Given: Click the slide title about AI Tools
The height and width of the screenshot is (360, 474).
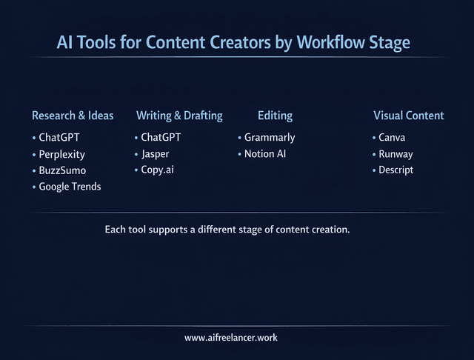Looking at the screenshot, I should [233, 43].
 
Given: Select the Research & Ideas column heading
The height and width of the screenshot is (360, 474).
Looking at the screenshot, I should [73, 116].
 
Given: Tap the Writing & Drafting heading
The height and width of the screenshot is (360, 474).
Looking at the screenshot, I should [179, 116].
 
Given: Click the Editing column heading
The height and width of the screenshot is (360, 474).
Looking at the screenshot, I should [275, 116].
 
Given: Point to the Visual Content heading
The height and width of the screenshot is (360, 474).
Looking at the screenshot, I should [408, 116].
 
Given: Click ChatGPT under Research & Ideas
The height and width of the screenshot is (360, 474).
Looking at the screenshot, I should [59, 138].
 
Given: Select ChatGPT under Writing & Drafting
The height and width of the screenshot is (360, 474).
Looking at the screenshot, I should [161, 138].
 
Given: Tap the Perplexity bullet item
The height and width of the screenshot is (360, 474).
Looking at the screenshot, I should [62, 154].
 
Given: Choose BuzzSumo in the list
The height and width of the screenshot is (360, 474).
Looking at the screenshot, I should [62, 170].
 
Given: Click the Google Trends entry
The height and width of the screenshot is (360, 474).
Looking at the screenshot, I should [70, 187].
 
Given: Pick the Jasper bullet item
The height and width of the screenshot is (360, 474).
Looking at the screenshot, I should [156, 154].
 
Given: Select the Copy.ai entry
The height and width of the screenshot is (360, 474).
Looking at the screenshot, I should [158, 170].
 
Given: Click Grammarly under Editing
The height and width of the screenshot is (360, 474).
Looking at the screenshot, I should [270, 138].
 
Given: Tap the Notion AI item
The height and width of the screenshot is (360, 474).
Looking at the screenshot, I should [265, 154].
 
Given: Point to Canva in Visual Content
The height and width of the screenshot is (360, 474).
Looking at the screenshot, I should [392, 138].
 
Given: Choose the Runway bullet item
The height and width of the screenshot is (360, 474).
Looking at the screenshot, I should [395, 154].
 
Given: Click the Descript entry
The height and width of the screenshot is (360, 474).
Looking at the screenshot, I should [395, 170].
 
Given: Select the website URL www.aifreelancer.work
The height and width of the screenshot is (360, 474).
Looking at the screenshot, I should [231, 338].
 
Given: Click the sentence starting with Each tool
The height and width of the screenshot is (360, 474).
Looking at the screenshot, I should [227, 230].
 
